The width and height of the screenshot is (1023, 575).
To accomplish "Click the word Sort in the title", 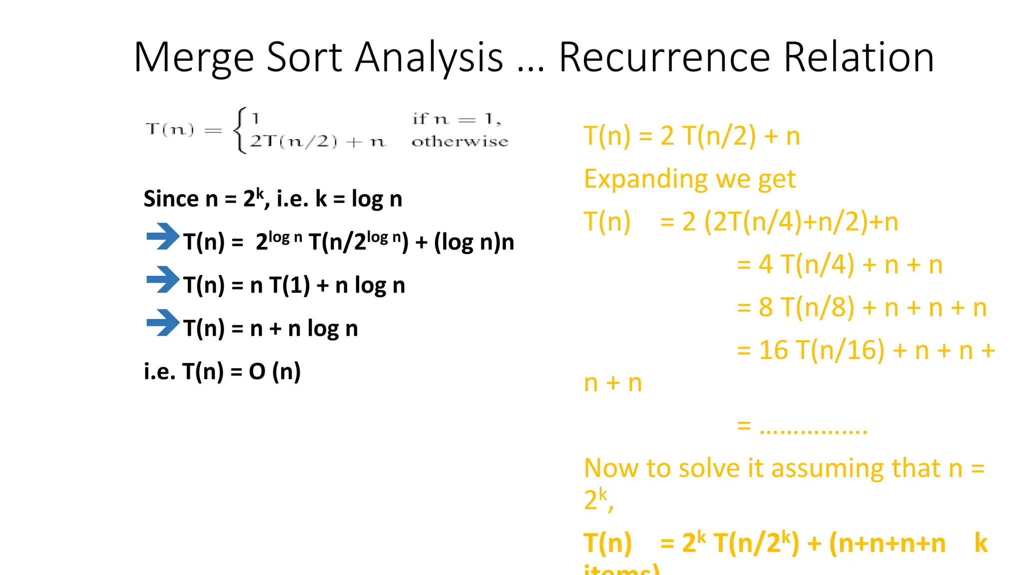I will point(305,57).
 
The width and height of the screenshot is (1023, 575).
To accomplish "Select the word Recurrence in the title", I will point(664,57).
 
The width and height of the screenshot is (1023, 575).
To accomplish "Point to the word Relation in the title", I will point(859,57).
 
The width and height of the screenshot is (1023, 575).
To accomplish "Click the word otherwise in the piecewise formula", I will point(460,142).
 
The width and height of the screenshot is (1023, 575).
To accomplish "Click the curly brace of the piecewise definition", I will point(240,130).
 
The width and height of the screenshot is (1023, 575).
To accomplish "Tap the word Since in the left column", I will point(171,199).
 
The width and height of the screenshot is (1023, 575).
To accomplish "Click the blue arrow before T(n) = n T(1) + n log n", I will point(163,280).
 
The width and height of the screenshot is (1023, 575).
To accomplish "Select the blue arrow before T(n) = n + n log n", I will point(163,322).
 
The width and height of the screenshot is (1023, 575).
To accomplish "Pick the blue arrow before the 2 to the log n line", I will point(163,236).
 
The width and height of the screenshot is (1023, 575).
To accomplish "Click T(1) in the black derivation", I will point(290,286).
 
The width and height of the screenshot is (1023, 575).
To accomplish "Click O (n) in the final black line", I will point(275,371).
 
